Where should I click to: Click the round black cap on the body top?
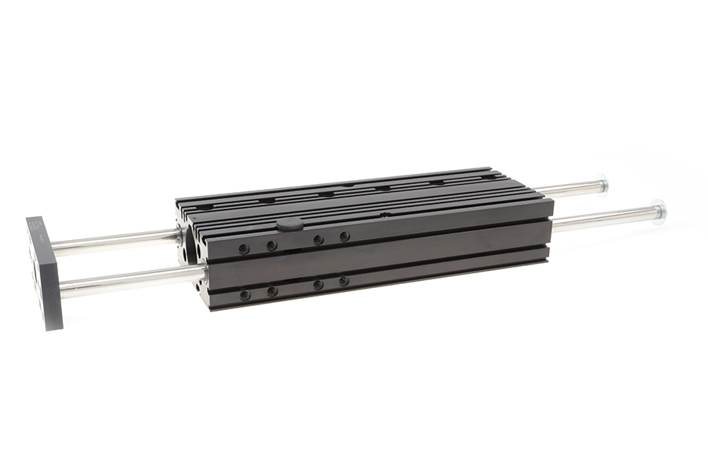[x=289, y=224]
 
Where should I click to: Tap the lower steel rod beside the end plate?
[x=126, y=280]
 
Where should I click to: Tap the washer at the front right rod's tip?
[x=658, y=210]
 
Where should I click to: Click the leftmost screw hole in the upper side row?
[x=244, y=249]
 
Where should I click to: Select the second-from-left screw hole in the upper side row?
[x=271, y=246]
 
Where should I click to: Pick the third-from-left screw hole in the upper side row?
[x=319, y=240]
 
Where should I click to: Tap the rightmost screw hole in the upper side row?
[x=344, y=236]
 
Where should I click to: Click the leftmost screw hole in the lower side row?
[x=245, y=295]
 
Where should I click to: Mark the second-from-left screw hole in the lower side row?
[x=272, y=291]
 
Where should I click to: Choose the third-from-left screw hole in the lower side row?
[x=319, y=285]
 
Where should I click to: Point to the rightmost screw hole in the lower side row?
[x=344, y=281]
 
